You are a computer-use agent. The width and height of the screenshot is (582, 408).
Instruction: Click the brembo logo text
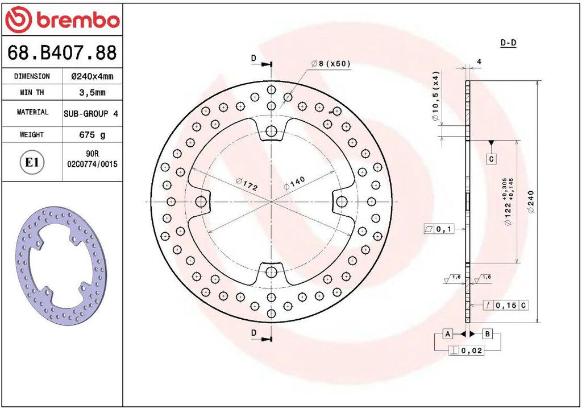click(78, 20)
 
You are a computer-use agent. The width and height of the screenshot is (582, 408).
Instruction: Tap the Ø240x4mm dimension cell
click(92, 76)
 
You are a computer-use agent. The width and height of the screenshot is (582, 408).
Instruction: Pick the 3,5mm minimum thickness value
click(92, 92)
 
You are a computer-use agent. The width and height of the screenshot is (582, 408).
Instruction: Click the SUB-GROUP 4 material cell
click(91, 113)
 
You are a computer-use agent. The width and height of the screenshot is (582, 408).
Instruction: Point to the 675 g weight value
click(92, 134)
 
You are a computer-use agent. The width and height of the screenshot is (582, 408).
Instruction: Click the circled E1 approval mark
click(32, 162)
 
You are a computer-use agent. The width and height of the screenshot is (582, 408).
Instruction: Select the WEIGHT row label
click(32, 134)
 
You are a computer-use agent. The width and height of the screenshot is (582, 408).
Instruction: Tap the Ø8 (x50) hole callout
click(330, 64)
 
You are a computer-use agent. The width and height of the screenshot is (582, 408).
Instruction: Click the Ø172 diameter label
click(247, 184)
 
